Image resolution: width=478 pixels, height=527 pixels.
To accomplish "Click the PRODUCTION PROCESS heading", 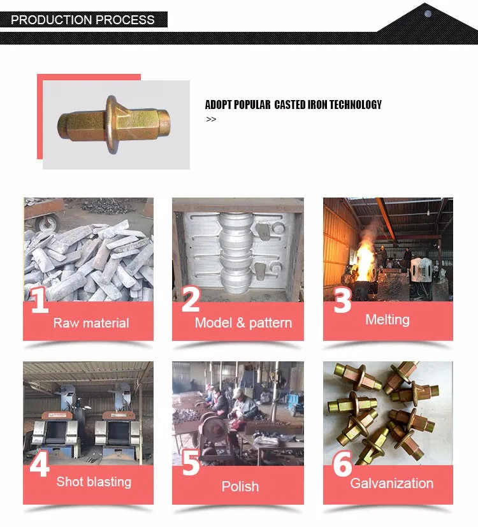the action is point(83,20).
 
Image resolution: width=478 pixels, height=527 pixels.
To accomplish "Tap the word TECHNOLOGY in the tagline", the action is point(356,105).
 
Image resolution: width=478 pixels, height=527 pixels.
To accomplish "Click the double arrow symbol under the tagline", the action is point(211,119).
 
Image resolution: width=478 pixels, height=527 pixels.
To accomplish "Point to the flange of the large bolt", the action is point(112,125).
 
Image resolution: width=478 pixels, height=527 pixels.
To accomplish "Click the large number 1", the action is point(40,300).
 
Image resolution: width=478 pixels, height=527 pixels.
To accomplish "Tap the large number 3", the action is point(342,301).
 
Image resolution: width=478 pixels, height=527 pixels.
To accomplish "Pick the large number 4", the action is point(40,464).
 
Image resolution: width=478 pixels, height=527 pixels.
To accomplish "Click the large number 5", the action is point(191,463).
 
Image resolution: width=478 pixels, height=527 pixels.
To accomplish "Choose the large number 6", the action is point(342,464).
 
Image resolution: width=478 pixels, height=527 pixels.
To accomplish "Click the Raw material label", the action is point(91,323).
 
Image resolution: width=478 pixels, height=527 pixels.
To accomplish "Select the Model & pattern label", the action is point(243,323).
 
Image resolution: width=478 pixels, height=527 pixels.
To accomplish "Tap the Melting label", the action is point(387,320).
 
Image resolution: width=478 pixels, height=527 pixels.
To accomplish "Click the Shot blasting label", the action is point(94,482).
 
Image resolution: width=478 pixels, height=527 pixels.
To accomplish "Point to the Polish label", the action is point(240,486).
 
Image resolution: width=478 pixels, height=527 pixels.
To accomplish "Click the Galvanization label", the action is point(391,483).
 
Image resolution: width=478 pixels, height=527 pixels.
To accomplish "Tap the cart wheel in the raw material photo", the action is point(48,223).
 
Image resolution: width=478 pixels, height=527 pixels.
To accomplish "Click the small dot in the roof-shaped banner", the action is point(428,14).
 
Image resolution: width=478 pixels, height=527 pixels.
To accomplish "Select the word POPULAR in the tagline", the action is point(252,105).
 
